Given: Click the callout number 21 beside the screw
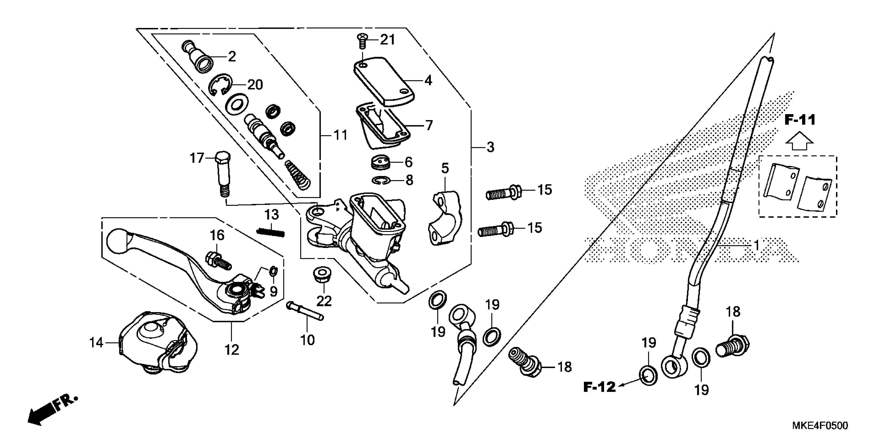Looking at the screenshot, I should (387, 40).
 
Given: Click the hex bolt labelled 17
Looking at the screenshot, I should (223, 174).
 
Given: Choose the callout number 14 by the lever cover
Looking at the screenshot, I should (96, 342).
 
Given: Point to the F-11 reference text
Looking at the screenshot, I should (800, 120).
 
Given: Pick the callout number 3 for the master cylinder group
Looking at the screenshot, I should (490, 148).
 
